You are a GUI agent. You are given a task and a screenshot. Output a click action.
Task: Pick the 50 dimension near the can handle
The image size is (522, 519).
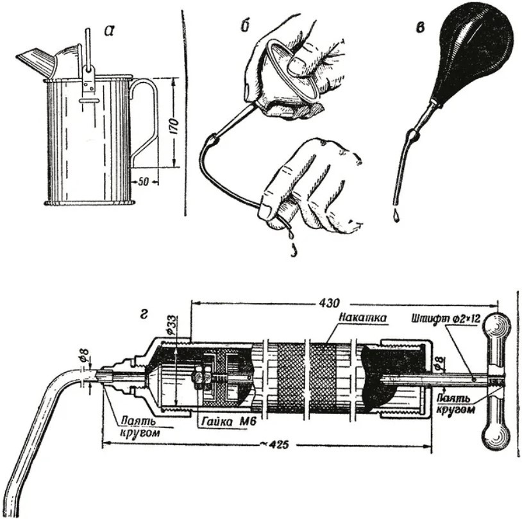(x=143, y=182)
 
